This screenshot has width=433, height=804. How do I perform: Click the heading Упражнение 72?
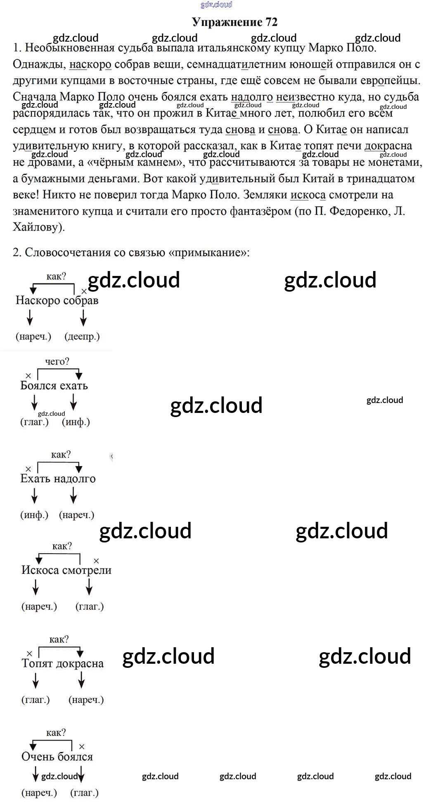point(234,22)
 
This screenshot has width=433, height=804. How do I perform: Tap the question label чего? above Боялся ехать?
point(57,361)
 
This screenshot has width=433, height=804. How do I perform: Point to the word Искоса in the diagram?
point(40,570)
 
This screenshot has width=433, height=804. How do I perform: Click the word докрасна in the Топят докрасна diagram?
point(80,663)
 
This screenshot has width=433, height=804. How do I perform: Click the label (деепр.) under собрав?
point(82,336)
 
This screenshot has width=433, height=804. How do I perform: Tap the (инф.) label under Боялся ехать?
point(76,422)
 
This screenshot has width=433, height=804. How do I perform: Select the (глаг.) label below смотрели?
point(90,606)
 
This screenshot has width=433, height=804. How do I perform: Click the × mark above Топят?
point(29,653)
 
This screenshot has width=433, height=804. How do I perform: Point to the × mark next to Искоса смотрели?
point(96,561)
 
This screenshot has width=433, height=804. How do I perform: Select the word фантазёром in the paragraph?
point(260,211)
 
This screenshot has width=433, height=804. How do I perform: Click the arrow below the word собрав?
point(83,318)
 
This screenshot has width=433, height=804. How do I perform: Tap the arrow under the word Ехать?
point(35,495)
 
